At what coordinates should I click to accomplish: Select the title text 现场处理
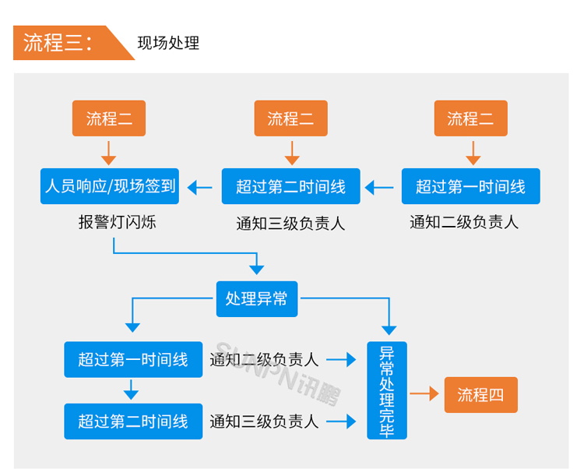pyautogui.click(x=168, y=43)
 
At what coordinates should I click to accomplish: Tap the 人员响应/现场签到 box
pyautogui.click(x=110, y=186)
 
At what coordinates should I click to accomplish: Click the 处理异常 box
pyautogui.click(x=257, y=298)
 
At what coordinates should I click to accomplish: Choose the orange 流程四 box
pyautogui.click(x=480, y=394)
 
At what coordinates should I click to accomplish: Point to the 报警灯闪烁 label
pyautogui.click(x=118, y=222)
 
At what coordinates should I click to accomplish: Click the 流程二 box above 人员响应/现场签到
pyautogui.click(x=109, y=118)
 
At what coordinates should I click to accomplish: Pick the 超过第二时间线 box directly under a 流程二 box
pyautogui.click(x=290, y=186)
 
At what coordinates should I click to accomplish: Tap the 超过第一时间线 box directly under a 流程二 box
pyautogui.click(x=470, y=186)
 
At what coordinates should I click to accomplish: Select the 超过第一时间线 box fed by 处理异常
pyautogui.click(x=132, y=359)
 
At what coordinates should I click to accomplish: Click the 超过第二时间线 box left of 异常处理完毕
pyautogui.click(x=132, y=421)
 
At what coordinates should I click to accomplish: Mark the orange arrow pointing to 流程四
pyautogui.click(x=424, y=394)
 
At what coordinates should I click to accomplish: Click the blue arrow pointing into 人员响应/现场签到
pyautogui.click(x=200, y=187)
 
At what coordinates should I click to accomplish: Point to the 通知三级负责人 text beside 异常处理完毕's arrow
pyautogui.click(x=264, y=421)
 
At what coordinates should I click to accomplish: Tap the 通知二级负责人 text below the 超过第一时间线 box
pyautogui.click(x=464, y=222)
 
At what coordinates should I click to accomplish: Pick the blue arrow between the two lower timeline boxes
pyautogui.click(x=132, y=390)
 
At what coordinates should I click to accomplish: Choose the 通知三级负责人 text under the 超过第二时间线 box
pyautogui.click(x=290, y=223)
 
